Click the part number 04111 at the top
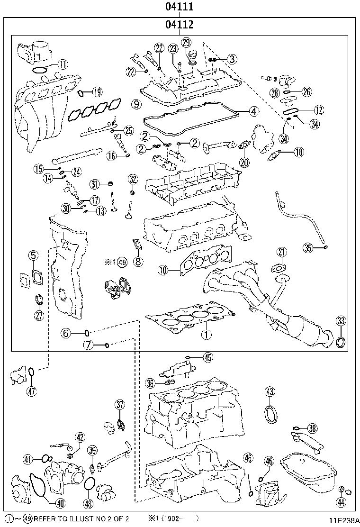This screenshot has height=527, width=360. click(x=180, y=6)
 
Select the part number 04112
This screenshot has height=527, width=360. click(x=180, y=25)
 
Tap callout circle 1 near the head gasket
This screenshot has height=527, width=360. click(x=206, y=334)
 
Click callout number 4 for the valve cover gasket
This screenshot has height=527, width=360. click(x=253, y=111)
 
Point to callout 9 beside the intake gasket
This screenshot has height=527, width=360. click(x=135, y=104)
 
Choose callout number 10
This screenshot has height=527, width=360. click(x=163, y=270)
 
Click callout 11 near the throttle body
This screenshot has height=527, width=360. click(x=63, y=64)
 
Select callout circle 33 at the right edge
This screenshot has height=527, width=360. click(x=341, y=321)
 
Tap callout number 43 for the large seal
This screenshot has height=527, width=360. click(x=270, y=391)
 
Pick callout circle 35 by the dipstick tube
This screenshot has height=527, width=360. click(x=308, y=248)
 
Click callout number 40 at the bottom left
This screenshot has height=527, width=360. click(x=60, y=503)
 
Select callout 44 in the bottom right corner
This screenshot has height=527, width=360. click(x=341, y=502)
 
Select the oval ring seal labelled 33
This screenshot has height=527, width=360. click(x=341, y=342)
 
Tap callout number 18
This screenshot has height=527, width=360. click(x=298, y=152)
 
